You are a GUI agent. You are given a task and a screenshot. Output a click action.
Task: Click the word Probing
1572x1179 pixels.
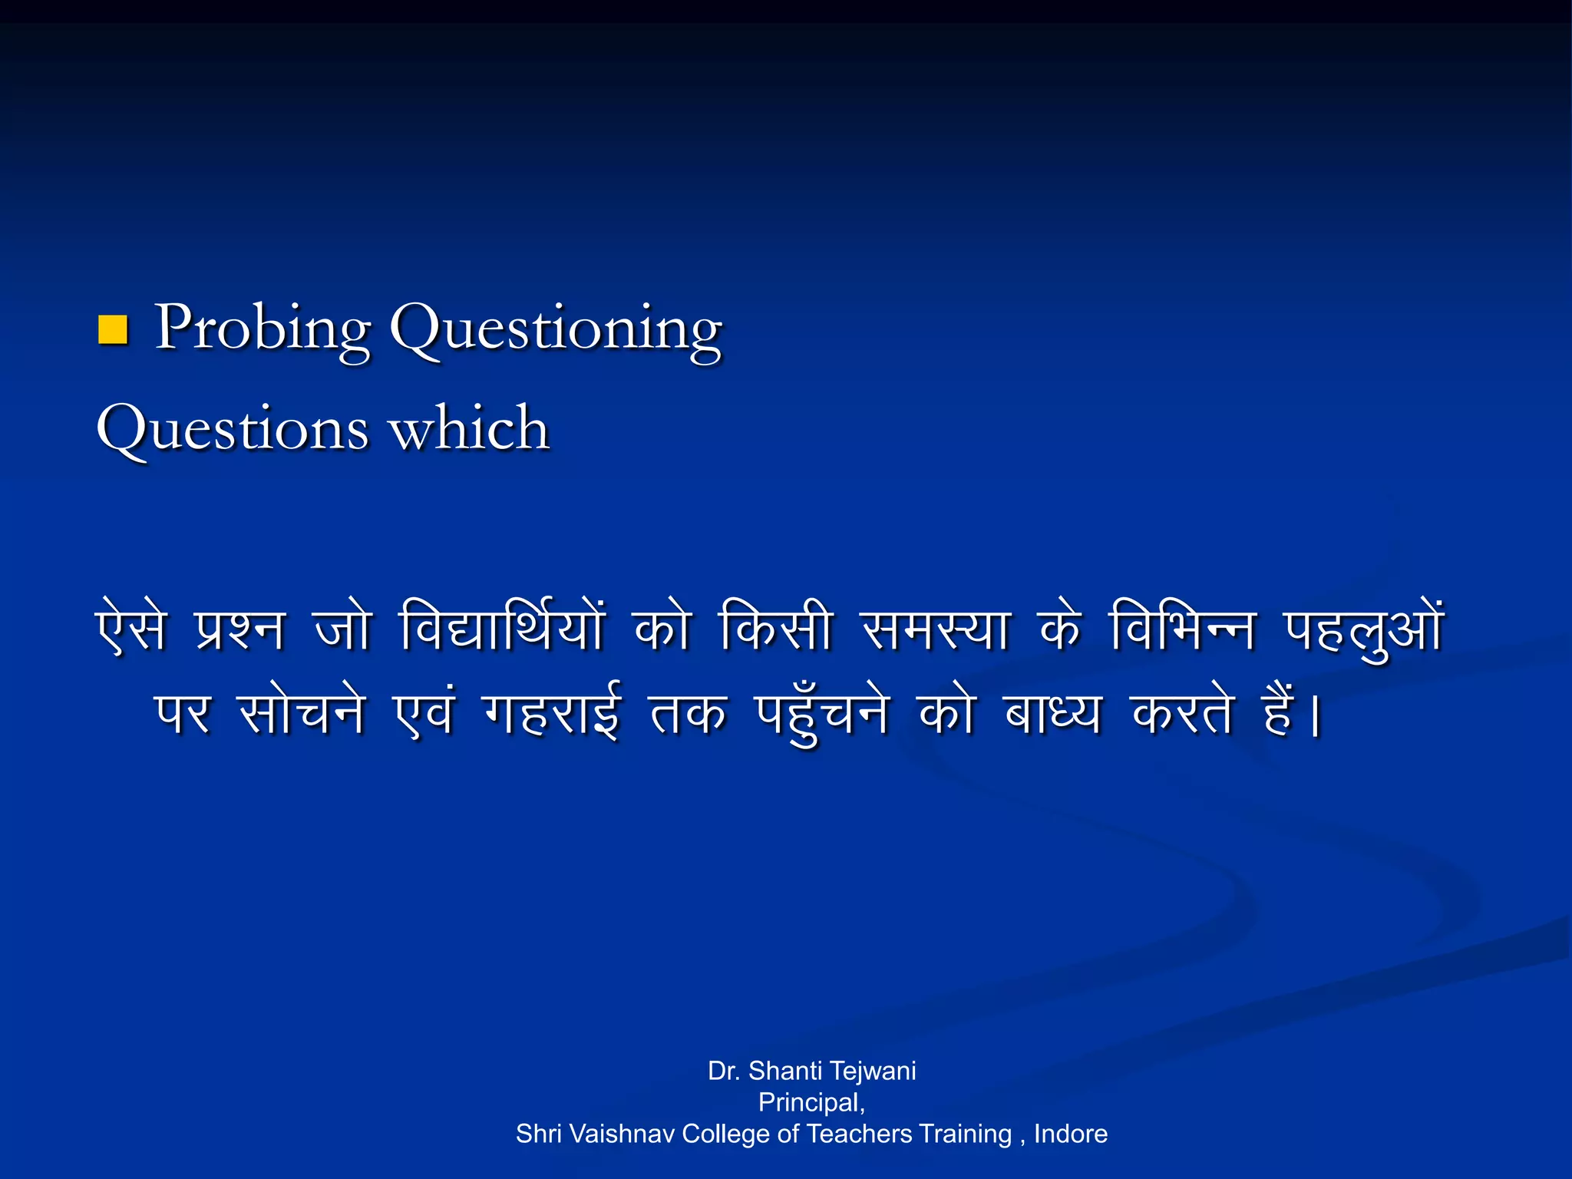tap(263, 329)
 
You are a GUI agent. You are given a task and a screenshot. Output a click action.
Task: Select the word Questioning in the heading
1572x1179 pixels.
tap(556, 329)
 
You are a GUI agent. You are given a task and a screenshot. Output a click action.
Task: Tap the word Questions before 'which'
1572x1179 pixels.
tap(232, 428)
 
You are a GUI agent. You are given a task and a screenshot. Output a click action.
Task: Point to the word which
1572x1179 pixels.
tap(470, 428)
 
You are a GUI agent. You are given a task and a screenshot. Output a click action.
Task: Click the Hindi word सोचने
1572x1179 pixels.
tap(302, 712)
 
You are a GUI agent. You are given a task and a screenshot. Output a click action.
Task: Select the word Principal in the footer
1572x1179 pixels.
tap(810, 1102)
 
